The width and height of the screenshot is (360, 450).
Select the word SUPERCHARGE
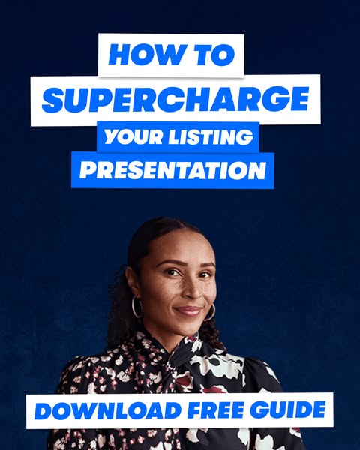pyautogui.click(x=175, y=100)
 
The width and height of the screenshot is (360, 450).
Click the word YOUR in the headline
pyautogui.click(x=132, y=137)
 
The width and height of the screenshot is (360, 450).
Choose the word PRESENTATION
pyautogui.click(x=172, y=171)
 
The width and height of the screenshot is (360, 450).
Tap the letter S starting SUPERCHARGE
pyautogui.click(x=51, y=100)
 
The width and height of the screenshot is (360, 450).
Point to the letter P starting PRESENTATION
pyautogui.click(x=87, y=171)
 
